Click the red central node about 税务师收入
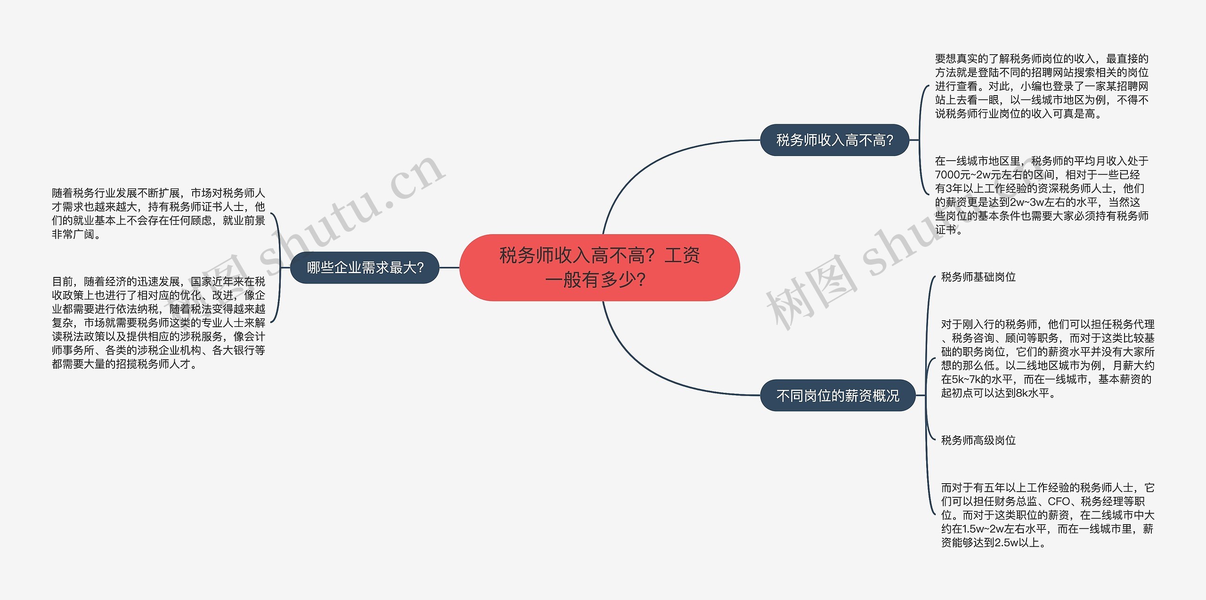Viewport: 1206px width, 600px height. (599, 268)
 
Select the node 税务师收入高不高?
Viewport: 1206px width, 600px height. (834, 140)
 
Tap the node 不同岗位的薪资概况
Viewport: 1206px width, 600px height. (837, 396)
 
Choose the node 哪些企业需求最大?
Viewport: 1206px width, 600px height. (365, 268)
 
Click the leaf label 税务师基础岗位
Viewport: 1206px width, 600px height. (978, 277)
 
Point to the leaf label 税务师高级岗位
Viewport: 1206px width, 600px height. (978, 440)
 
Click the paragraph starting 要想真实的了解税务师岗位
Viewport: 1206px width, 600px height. (1041, 86)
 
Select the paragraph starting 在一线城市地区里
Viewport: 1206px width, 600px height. (1041, 195)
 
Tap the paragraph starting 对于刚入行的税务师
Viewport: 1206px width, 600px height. (1047, 358)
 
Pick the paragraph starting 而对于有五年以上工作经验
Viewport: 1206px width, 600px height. (1047, 515)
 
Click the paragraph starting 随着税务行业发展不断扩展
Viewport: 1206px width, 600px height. (158, 213)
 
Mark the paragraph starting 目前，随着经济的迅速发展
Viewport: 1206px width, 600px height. (158, 323)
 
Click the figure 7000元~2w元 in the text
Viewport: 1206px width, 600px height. (971, 175)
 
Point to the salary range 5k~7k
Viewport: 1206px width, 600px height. (971, 379)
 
